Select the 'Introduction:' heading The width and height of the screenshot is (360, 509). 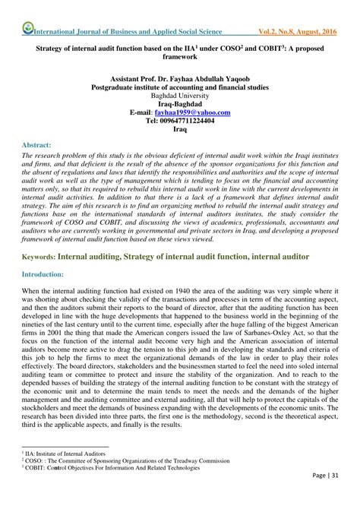(x=43, y=273)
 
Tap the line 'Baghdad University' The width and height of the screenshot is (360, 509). (x=179, y=95)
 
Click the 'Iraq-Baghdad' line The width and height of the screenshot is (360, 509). (x=180, y=103)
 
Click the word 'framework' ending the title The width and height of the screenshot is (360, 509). (x=180, y=56)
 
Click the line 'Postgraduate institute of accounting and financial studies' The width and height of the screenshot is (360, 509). (x=180, y=87)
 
